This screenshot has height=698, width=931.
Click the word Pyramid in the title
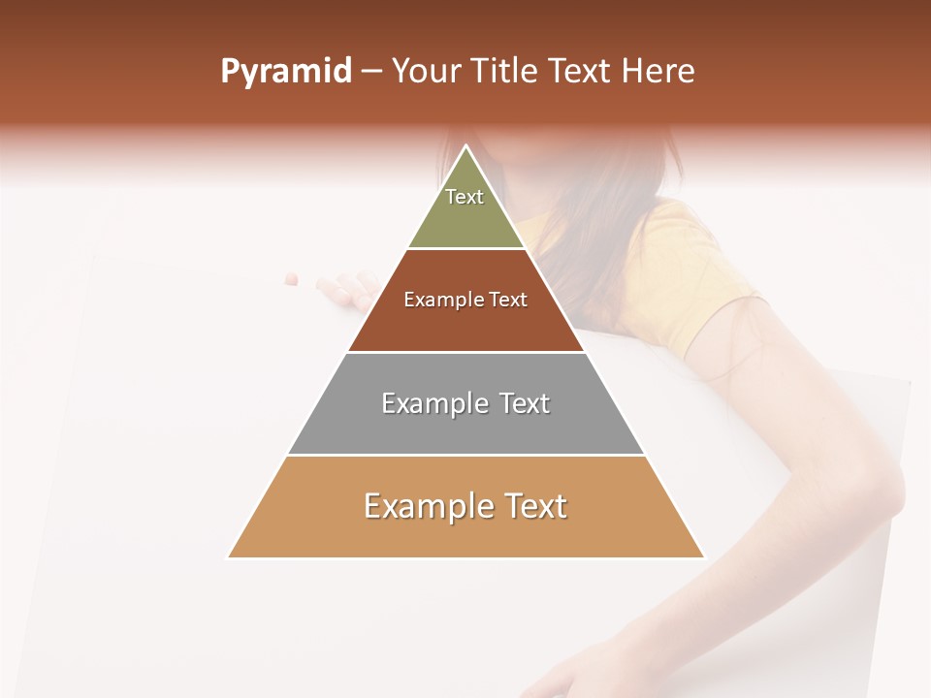(x=285, y=72)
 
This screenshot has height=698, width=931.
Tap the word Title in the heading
(x=507, y=72)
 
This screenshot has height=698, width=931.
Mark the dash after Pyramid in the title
(x=371, y=73)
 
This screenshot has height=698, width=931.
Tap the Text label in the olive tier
(x=465, y=197)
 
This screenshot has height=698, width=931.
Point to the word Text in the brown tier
(x=508, y=300)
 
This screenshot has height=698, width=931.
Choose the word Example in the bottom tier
(x=427, y=506)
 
